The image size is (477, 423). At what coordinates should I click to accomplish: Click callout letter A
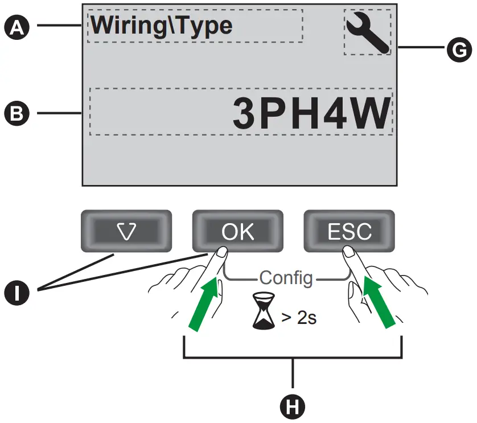19,26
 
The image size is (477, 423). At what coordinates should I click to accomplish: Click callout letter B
19,113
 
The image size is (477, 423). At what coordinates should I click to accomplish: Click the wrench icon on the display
368,32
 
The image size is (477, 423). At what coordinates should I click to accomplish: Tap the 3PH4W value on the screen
312,114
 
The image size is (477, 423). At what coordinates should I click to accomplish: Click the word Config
286,278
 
